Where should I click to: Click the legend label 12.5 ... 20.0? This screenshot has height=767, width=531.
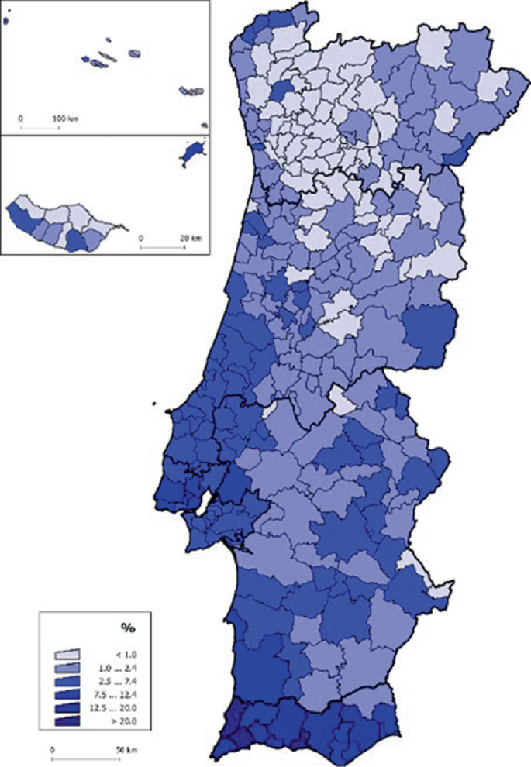point(127,709)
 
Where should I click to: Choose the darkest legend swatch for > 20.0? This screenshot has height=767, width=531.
point(67,722)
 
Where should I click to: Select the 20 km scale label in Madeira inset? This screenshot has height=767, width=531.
point(191,239)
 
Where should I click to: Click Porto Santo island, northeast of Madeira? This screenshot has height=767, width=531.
point(191,152)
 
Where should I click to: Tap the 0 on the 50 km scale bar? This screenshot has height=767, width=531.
point(52,750)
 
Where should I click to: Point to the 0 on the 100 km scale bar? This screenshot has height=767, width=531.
point(21,119)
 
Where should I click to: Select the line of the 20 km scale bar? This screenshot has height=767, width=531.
point(165,246)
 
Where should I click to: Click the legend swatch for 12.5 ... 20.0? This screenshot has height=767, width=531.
point(67,709)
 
